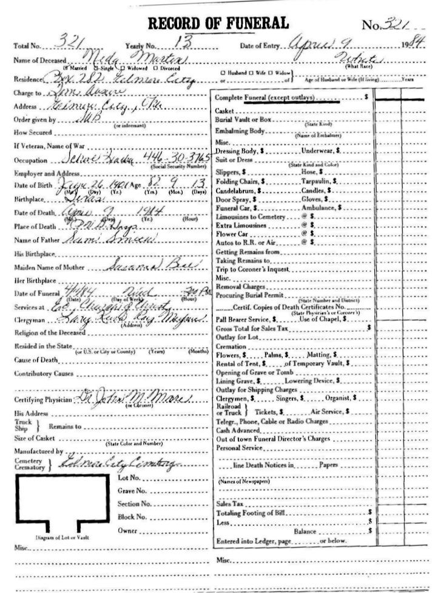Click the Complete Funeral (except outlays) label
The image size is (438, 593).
[266, 97]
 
